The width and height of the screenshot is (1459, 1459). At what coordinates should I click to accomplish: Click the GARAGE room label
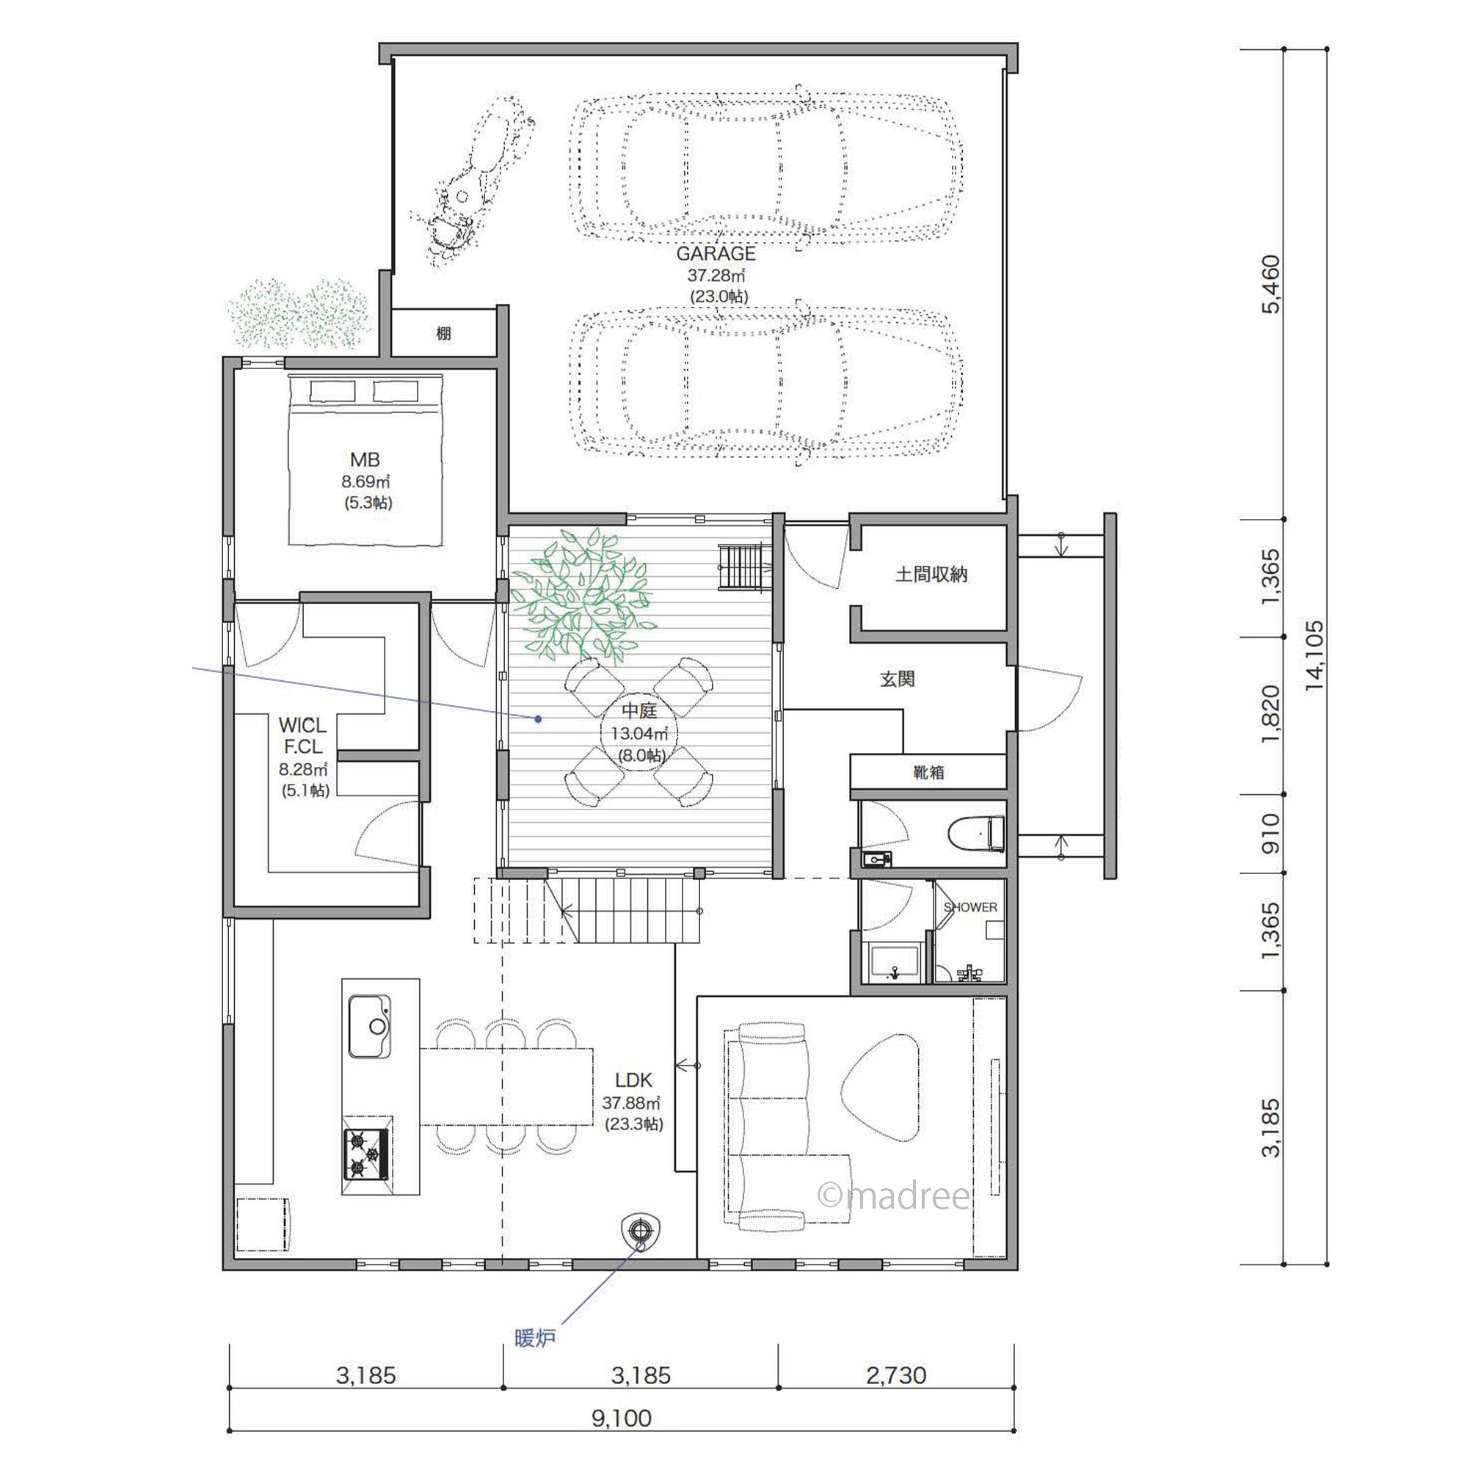716,253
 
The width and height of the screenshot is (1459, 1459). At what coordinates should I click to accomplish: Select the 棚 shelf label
444,333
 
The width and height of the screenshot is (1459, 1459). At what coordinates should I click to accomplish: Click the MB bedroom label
365,459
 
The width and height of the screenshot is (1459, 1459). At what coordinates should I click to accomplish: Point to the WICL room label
302,725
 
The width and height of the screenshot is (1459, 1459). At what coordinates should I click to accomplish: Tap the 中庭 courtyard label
640,710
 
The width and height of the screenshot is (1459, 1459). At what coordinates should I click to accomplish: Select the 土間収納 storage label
931,575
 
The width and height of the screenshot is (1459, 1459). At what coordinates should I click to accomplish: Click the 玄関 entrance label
898,679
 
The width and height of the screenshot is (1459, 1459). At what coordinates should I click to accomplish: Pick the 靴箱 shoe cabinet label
928,773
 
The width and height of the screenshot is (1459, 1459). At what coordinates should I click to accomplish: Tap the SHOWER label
970,907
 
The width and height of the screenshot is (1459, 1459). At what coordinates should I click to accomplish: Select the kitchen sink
369,1026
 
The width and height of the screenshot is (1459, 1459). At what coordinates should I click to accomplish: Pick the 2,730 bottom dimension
896,1375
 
